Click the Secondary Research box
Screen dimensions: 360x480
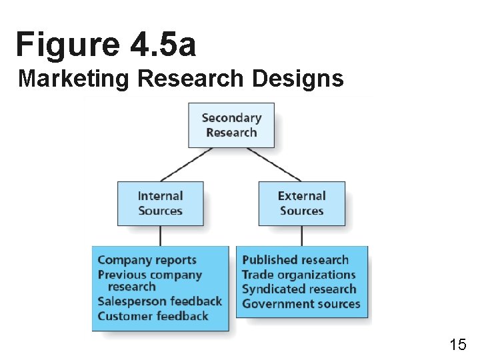(231, 125)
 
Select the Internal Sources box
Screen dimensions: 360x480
(160, 203)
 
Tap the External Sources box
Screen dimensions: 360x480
(302, 203)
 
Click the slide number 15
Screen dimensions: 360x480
(458, 345)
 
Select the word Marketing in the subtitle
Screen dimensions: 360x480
(73, 79)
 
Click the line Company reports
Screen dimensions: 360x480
(147, 260)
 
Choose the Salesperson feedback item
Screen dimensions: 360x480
(159, 301)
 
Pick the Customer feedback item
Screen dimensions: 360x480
(153, 316)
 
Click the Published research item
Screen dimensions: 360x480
(295, 260)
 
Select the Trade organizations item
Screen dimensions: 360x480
(299, 275)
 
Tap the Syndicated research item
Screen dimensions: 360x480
(299, 289)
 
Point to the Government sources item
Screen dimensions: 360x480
(301, 304)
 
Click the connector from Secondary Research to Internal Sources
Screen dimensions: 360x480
(187, 164)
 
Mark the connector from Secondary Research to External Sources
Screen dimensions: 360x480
(274, 164)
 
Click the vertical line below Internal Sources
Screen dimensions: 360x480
(160, 236)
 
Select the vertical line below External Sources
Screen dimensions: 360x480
(302, 236)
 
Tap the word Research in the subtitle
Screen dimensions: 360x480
(190, 79)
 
